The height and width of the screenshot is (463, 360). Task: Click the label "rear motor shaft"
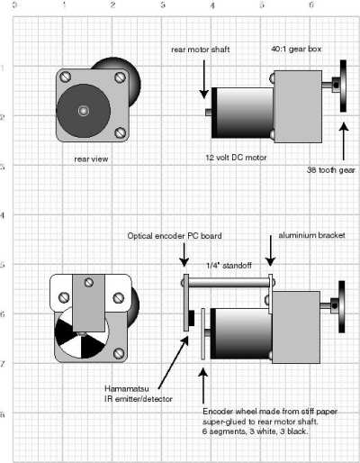click(x=201, y=50)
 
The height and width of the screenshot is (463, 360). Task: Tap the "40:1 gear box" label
click(x=296, y=49)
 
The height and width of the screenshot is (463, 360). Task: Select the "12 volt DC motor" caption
click(x=236, y=158)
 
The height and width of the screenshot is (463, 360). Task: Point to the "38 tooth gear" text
click(x=331, y=170)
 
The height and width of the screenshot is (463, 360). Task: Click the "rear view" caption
click(x=91, y=159)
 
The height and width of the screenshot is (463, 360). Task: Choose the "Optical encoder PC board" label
click(x=175, y=236)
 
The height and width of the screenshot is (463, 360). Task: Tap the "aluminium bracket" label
click(x=311, y=235)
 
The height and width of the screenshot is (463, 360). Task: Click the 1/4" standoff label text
click(x=229, y=266)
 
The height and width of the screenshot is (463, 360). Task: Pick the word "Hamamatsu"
click(x=127, y=388)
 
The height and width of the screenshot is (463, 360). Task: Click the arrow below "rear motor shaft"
click(x=204, y=79)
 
